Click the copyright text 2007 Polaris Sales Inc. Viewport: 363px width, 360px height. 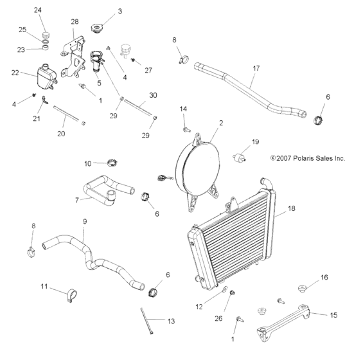(299, 157)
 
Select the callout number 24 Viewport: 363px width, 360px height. (37, 10)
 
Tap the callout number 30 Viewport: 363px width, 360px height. (152, 95)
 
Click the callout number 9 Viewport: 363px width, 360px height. (84, 222)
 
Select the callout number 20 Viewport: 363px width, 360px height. (61, 134)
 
